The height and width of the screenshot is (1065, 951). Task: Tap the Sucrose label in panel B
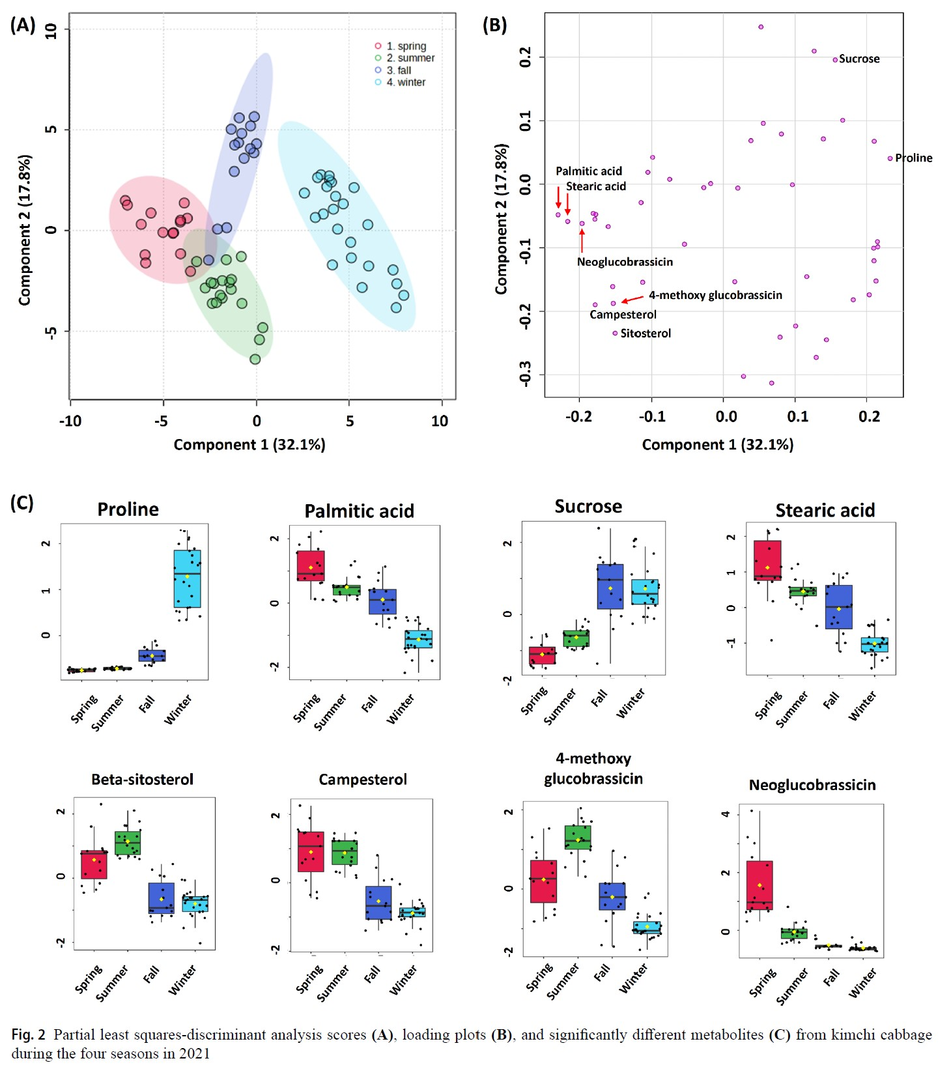pos(859,59)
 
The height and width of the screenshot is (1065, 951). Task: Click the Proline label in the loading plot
pos(913,158)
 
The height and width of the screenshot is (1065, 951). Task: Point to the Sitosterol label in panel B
pos(645,334)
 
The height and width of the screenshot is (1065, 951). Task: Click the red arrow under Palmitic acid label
pos(558,197)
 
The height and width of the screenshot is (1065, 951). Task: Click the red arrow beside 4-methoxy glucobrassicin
pos(632,299)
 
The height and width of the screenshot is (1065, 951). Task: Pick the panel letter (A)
pos(23,25)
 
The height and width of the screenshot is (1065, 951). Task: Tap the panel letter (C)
pos(21,503)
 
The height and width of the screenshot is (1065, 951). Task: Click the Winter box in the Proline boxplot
pos(187,578)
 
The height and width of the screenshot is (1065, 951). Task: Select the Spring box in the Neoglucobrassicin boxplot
pos(759,885)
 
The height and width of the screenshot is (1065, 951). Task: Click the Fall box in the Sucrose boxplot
pos(610,586)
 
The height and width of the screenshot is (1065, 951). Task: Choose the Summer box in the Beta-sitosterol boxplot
pos(128,843)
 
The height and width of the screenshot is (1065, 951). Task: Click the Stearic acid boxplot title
pos(825,511)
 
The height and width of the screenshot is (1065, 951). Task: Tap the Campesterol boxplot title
pos(362,780)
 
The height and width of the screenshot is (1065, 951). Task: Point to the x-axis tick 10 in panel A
pos(440,421)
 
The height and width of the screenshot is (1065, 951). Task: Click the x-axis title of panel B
pos(717,445)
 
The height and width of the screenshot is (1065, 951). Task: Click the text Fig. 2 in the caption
pos(28,1035)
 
